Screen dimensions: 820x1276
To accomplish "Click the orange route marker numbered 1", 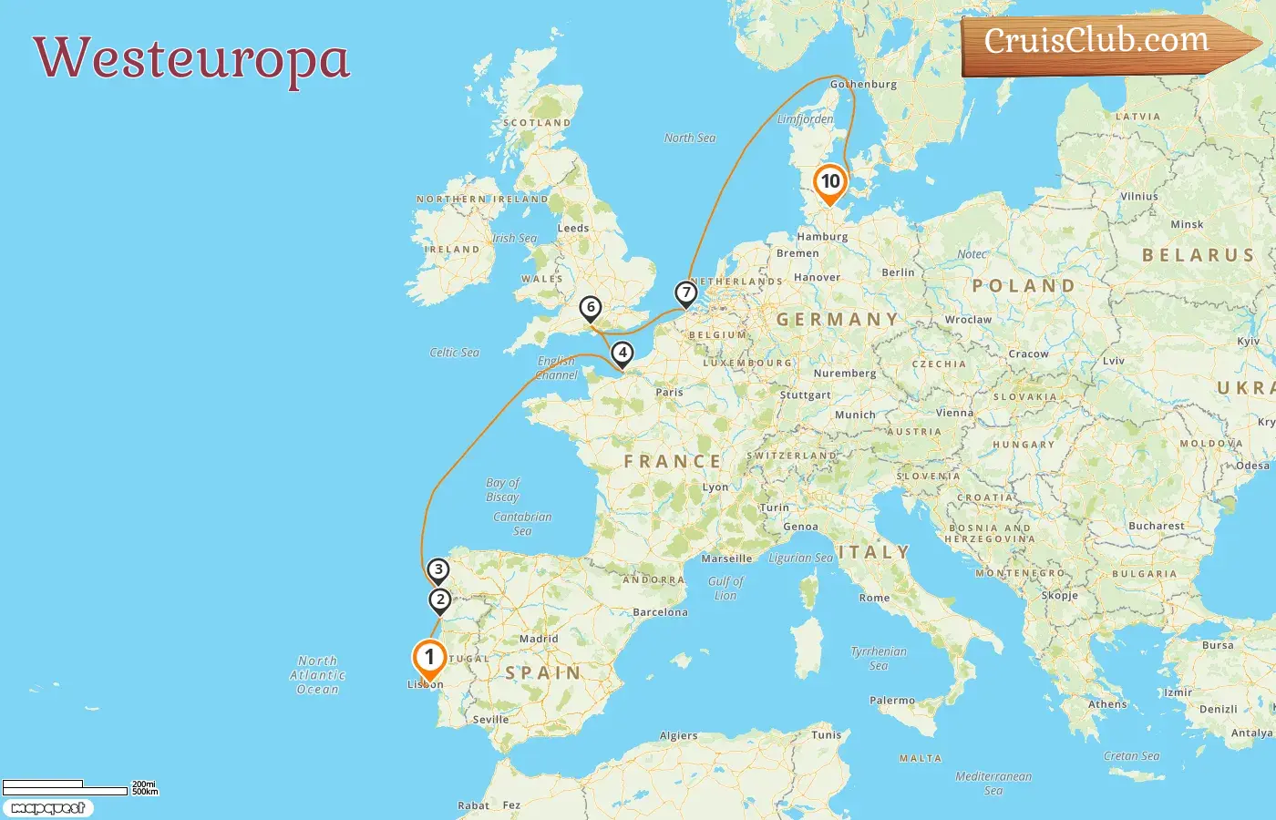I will click(x=429, y=658).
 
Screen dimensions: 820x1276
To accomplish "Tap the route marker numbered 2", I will click(x=440, y=600).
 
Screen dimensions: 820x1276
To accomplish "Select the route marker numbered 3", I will click(x=438, y=570).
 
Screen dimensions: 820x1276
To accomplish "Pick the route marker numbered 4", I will click(x=623, y=353).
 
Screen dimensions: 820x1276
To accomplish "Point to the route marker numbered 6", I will click(x=591, y=308).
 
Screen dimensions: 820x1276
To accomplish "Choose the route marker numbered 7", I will click(x=685, y=292).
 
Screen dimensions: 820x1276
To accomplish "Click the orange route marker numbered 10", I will click(x=830, y=181).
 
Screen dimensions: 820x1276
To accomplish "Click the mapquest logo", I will click(x=47, y=808).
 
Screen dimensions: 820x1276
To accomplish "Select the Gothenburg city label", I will click(x=863, y=84).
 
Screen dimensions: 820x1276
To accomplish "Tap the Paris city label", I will click(x=669, y=393).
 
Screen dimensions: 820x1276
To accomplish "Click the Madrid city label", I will click(x=539, y=639).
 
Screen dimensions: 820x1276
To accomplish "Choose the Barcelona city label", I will click(x=660, y=612).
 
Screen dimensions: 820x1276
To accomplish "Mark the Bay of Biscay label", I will click(x=502, y=489).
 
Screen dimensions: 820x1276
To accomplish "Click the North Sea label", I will click(x=690, y=138).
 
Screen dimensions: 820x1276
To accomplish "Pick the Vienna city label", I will click(x=954, y=413).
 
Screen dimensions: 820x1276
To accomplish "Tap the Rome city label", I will click(x=874, y=598).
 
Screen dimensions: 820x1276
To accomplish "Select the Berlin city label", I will click(x=898, y=272).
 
